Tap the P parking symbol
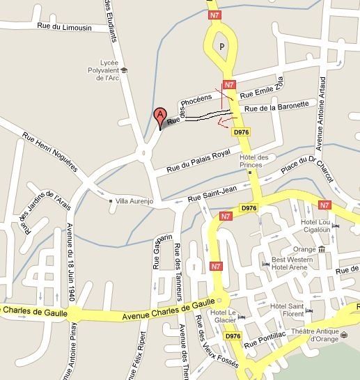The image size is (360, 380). [222, 45]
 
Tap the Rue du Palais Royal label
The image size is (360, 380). [198, 161]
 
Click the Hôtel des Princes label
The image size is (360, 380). [258, 160]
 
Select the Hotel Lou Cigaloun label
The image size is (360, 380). [315, 226]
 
